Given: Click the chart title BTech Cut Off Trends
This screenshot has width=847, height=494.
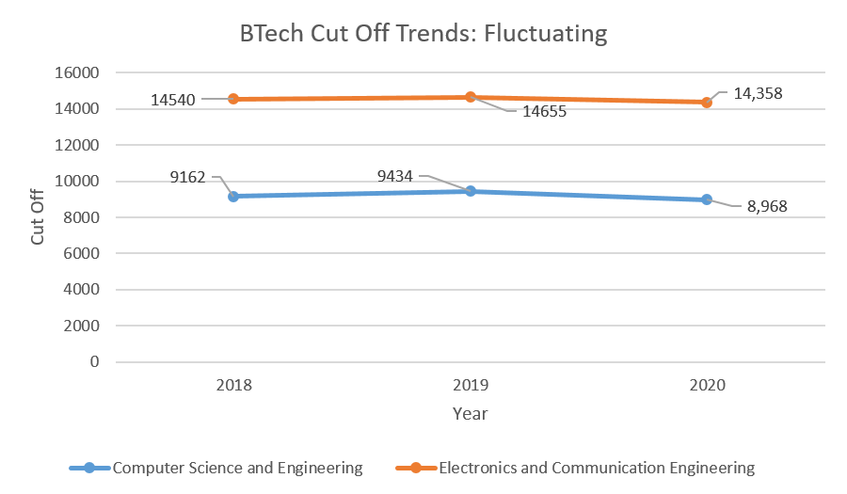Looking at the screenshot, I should [x=423, y=34].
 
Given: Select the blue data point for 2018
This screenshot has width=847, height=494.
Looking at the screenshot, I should [x=233, y=196].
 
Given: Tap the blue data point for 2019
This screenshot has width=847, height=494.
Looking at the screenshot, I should [x=471, y=191].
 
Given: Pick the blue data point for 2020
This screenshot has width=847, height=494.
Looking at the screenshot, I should [x=707, y=199].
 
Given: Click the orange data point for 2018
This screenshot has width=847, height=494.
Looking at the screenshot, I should [x=233, y=99].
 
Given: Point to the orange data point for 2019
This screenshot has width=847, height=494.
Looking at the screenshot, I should [x=471, y=97].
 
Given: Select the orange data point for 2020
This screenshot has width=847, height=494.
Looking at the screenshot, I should [x=707, y=103].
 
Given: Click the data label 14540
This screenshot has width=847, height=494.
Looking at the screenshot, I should [x=173, y=100].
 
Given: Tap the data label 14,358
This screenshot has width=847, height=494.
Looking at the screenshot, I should [x=758, y=93].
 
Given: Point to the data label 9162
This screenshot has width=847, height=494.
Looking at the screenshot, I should [x=187, y=176].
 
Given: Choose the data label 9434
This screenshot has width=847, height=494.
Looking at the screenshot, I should [x=394, y=176].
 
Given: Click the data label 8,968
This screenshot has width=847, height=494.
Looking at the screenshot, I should [x=767, y=207].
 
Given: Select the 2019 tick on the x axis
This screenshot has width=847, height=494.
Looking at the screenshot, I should [x=471, y=385].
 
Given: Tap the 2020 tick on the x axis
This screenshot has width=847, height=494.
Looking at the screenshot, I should [x=707, y=385].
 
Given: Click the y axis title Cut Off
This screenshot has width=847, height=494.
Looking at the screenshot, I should [x=38, y=217].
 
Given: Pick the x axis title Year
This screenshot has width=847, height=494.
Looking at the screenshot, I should [x=470, y=413].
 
